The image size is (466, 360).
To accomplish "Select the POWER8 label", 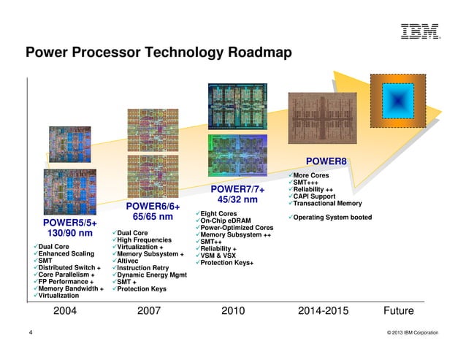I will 326,161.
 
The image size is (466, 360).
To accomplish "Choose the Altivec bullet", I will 131,261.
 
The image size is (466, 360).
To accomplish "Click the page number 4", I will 29,333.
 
